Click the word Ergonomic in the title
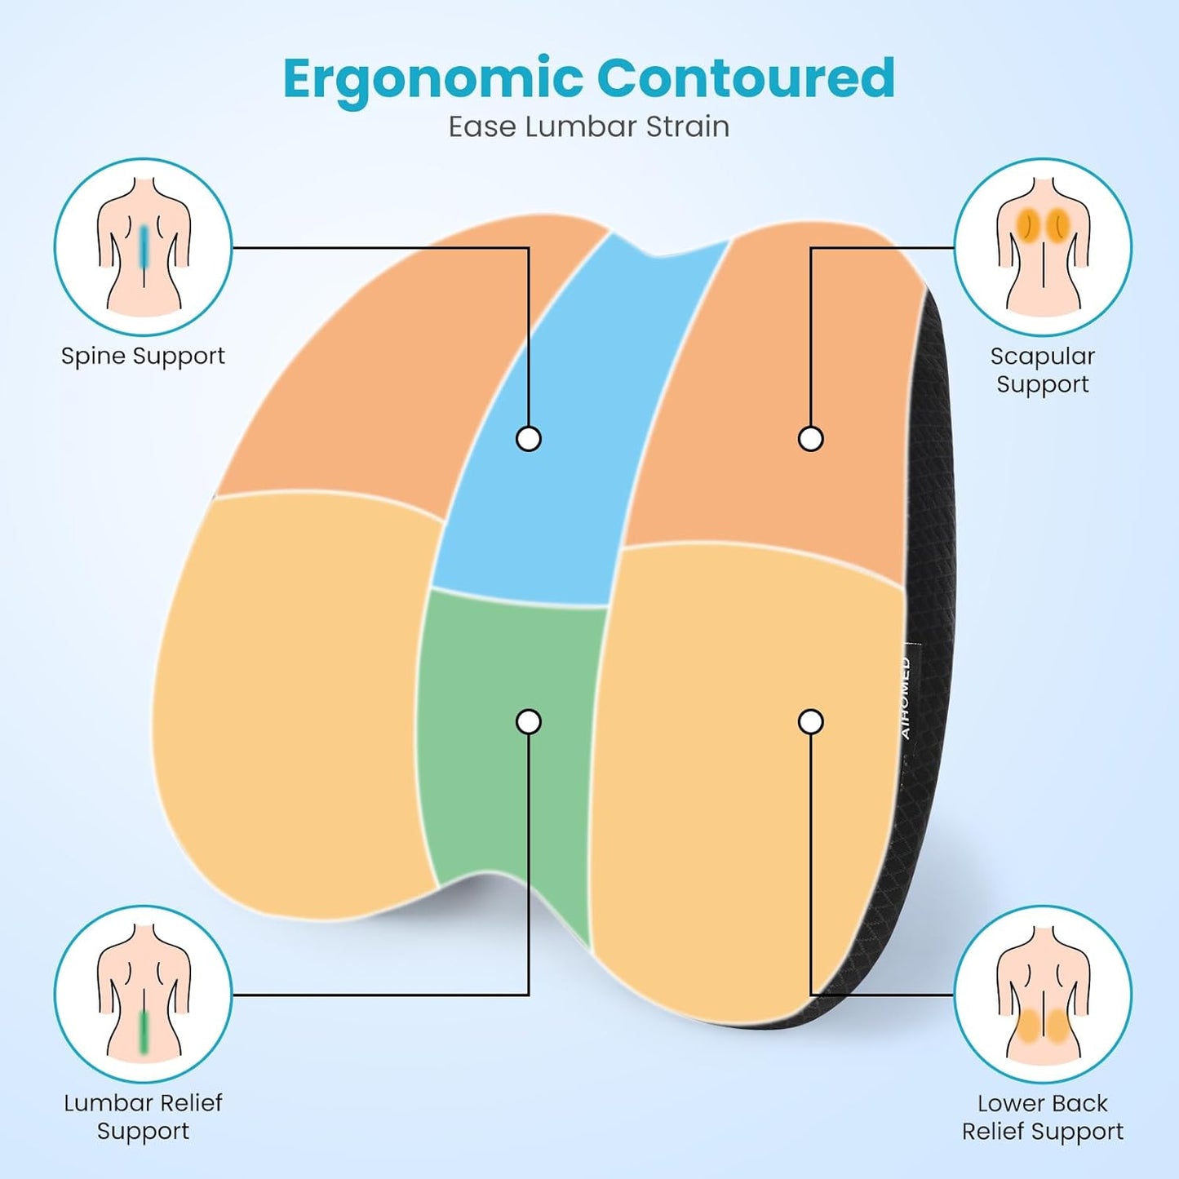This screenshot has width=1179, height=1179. (x=433, y=80)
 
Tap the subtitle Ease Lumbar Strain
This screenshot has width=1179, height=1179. (x=588, y=127)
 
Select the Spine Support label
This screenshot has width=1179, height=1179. (x=143, y=356)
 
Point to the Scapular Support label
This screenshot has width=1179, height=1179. (x=1043, y=370)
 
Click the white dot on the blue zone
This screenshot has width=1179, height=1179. (x=529, y=439)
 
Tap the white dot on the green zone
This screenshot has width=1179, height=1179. (x=529, y=722)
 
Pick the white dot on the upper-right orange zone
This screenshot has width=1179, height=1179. (x=811, y=439)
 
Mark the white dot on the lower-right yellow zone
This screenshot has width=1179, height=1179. (x=811, y=722)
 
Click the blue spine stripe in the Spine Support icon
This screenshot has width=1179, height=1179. (x=143, y=248)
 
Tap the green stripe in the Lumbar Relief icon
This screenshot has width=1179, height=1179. (x=144, y=1031)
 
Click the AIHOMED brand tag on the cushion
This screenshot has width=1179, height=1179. (x=906, y=698)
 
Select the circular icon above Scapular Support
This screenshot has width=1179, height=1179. (x=1043, y=247)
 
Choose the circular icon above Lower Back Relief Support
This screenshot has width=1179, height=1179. (x=1043, y=995)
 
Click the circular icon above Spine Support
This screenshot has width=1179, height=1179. (x=143, y=247)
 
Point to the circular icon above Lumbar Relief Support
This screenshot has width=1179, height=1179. (x=143, y=995)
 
